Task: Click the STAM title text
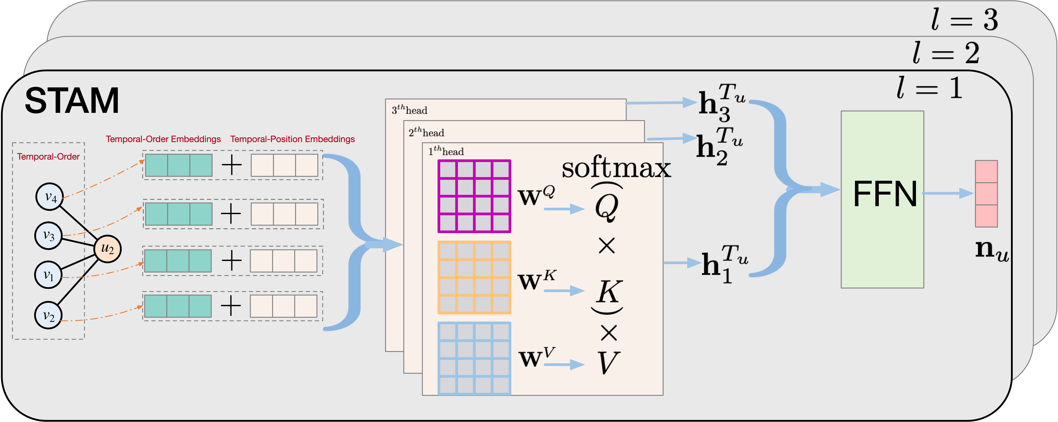tap(72, 101)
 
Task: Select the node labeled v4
tap(49, 197)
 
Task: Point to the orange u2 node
tap(108, 249)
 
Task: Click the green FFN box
tap(882, 199)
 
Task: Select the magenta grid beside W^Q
tap(474, 196)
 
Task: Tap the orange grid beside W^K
tap(474, 277)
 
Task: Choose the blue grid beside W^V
tap(474, 358)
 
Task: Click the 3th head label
tap(410, 110)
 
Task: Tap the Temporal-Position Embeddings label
tap(292, 139)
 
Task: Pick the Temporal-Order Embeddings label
tap(163, 139)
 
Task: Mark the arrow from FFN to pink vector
tap(949, 193)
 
